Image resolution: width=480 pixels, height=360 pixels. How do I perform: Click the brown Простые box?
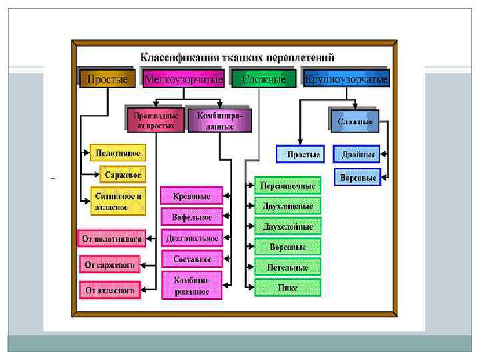(104, 79)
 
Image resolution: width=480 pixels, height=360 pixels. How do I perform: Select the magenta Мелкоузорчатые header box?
(184, 79)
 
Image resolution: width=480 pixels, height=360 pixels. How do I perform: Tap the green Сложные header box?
(264, 79)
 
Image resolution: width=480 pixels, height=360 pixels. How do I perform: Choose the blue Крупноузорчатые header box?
(346, 79)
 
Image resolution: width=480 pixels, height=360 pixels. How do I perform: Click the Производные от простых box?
(155, 120)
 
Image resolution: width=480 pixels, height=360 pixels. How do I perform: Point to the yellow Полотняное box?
(117, 153)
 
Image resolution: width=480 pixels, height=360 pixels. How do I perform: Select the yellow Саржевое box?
(123, 175)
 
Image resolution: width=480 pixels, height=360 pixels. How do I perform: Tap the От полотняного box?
(111, 238)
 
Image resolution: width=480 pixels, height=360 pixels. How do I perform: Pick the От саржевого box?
(109, 265)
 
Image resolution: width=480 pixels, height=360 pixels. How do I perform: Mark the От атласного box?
(110, 291)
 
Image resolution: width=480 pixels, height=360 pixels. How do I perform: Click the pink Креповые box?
(192, 196)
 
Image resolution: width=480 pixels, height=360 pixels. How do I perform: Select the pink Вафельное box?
(192, 217)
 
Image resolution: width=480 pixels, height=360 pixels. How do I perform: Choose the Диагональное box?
(192, 238)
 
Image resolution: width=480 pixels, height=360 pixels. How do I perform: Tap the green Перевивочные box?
(288, 185)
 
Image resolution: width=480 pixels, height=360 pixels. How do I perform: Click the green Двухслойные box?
(288, 226)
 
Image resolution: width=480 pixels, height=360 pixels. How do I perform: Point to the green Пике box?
(288, 287)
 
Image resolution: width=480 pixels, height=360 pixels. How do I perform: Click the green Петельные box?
(288, 267)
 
